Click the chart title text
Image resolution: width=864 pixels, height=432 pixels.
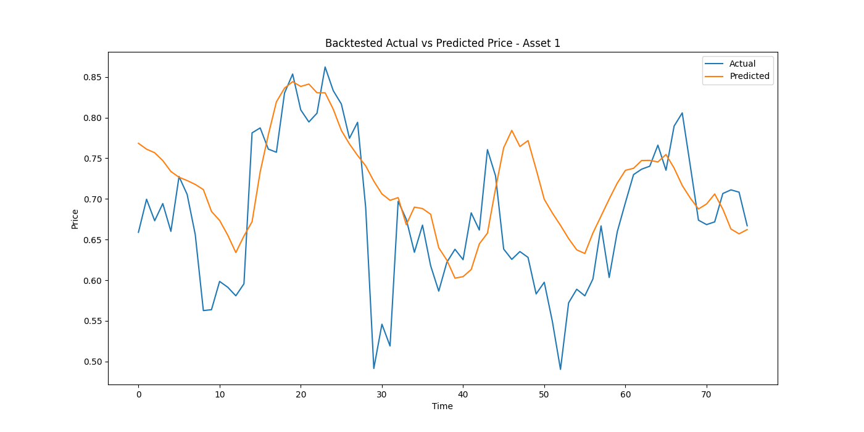tap(442, 43)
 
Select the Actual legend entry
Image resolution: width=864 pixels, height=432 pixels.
tap(742, 64)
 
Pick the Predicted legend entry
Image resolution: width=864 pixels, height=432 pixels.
tap(749, 77)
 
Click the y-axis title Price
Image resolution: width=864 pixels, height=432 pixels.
tap(75, 218)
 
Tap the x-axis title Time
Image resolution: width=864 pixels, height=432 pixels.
tap(442, 406)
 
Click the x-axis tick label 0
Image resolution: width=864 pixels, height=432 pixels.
tap(138, 394)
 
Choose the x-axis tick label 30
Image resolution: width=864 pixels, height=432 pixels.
tap(382, 394)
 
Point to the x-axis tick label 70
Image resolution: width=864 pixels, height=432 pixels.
tap(707, 394)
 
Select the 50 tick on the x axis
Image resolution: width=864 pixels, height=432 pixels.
tap(544, 394)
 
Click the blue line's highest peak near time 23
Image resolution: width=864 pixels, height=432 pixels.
tap(325, 67)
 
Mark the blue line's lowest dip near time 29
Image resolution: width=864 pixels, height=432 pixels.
tap(374, 368)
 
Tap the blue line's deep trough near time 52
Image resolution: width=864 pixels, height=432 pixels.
tap(560, 369)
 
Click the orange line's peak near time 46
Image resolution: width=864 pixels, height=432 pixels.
tap(512, 130)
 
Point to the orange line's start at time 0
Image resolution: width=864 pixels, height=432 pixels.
tap(138, 143)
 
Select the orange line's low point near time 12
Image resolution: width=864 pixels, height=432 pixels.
tap(236, 252)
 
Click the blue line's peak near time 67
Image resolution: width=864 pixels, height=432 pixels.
tap(682, 113)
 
